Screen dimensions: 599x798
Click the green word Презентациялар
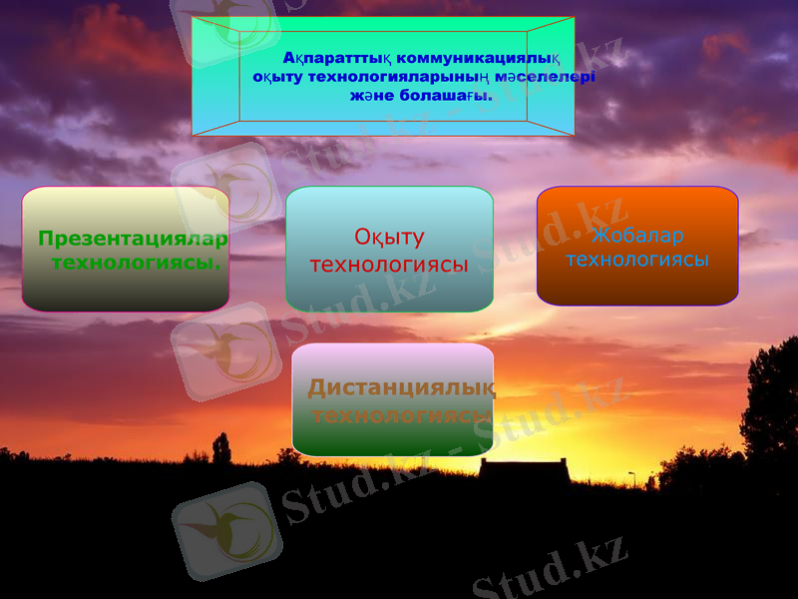coord(133,240)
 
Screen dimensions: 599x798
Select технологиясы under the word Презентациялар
coord(136,263)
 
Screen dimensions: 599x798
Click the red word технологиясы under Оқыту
coord(389,265)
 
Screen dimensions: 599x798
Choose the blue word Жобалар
coord(637,236)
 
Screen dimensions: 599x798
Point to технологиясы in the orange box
coord(637,260)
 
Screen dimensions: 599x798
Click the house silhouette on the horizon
coord(524,469)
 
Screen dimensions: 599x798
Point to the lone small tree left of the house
coord(221,449)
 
